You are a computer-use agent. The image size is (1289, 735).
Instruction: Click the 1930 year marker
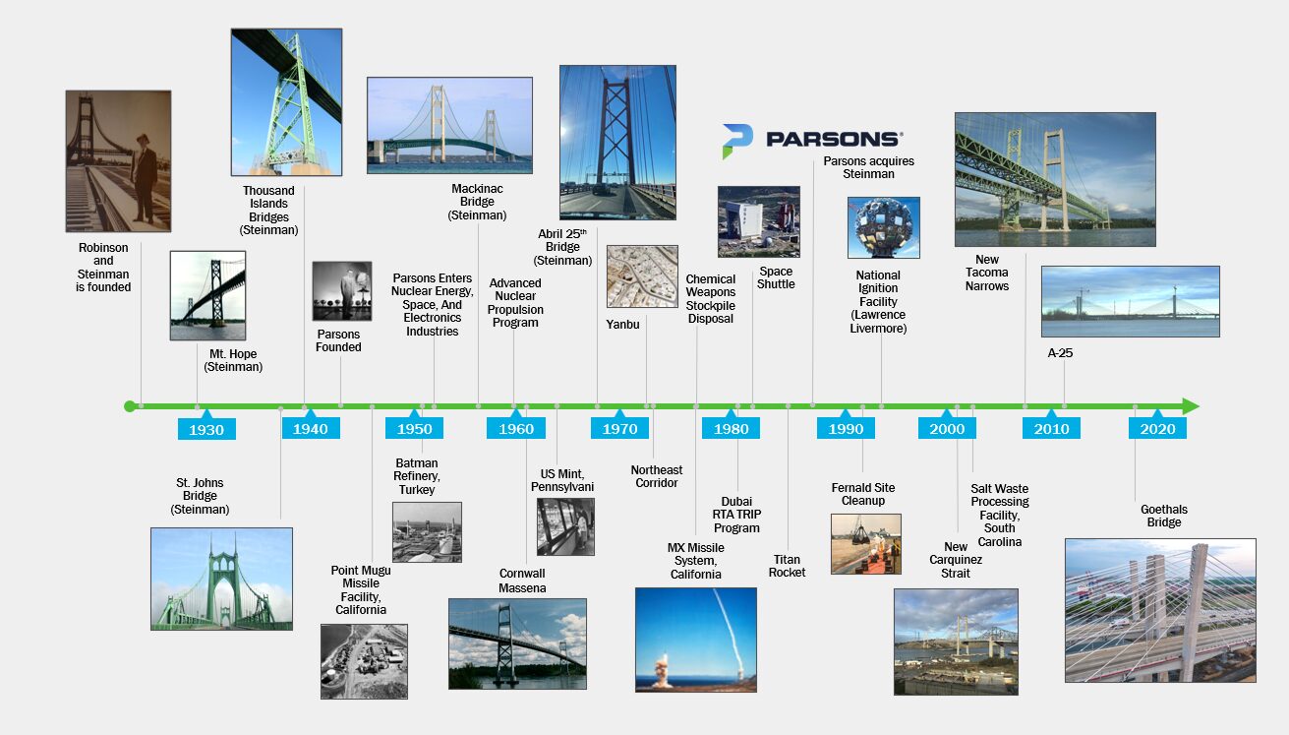click(206, 429)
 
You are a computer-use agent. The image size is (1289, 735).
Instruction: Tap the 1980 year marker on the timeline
click(731, 429)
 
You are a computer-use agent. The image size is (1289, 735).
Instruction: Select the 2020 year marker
click(1157, 429)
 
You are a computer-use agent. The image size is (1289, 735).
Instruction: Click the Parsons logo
click(812, 140)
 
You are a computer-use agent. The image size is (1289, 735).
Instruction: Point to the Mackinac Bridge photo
click(449, 126)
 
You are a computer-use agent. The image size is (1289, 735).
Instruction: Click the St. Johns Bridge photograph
click(221, 579)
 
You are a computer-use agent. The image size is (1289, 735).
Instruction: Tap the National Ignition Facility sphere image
click(883, 227)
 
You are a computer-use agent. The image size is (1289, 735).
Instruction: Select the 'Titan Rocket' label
click(787, 566)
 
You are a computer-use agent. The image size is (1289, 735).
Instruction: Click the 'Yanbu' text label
click(622, 325)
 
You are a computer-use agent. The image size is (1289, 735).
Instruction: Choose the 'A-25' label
click(1060, 353)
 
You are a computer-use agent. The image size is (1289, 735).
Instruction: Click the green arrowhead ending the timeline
click(1191, 406)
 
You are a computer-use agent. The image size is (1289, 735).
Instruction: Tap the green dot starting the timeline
click(130, 406)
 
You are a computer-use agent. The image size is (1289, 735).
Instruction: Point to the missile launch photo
click(696, 640)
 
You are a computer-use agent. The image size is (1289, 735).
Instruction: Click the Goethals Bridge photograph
click(1160, 611)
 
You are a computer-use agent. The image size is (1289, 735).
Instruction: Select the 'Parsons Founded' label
click(338, 340)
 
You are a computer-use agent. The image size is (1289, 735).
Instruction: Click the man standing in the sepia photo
click(144, 178)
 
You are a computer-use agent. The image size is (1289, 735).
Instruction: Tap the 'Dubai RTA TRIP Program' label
click(736, 515)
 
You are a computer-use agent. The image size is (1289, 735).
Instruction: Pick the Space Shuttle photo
click(758, 221)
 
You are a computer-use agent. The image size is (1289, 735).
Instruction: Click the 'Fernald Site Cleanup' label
click(863, 494)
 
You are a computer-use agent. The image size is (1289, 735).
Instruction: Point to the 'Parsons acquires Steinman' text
click(868, 167)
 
